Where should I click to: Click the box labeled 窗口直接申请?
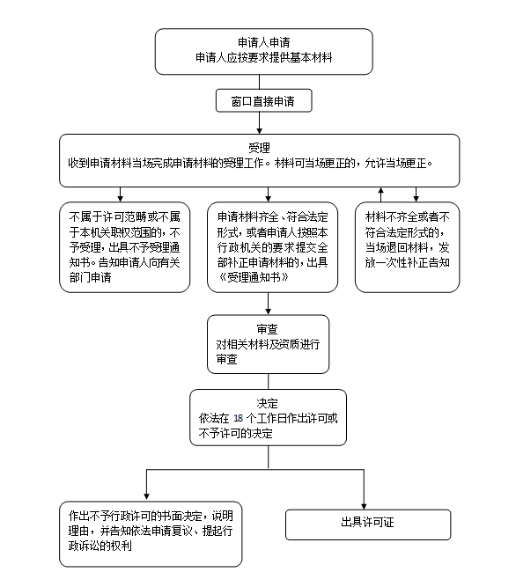(264, 100)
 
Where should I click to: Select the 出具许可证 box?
(368, 524)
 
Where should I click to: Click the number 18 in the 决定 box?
(239, 418)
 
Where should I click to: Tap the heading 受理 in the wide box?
(259, 148)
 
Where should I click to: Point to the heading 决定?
(267, 403)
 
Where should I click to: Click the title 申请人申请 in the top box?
(264, 42)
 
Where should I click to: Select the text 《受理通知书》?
(254, 277)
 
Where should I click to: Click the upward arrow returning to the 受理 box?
(381, 194)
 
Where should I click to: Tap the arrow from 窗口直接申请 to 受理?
(260, 123)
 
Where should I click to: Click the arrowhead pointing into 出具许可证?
(364, 506)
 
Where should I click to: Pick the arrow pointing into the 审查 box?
(269, 304)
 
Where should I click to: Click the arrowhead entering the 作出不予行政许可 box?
(146, 496)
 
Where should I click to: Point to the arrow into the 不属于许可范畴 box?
(120, 194)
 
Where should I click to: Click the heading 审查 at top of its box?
(267, 329)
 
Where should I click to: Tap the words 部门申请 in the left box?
(90, 277)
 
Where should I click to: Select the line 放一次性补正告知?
(408, 262)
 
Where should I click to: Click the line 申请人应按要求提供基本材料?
(264, 57)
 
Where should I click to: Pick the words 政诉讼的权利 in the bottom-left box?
(100, 546)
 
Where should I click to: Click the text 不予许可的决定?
(236, 433)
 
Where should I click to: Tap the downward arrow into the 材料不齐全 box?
(416, 194)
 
